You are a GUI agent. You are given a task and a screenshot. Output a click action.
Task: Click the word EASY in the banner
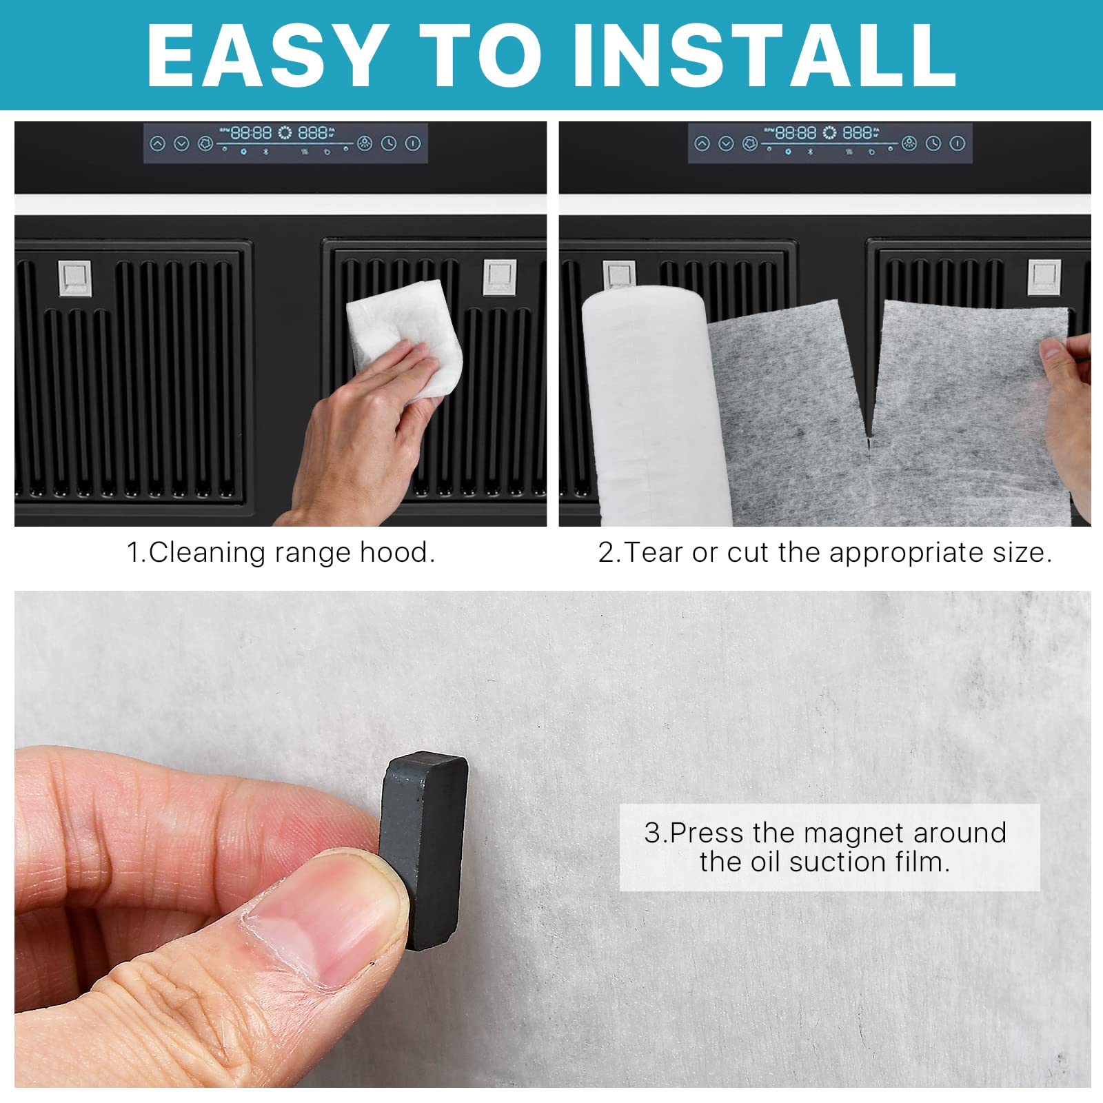266,55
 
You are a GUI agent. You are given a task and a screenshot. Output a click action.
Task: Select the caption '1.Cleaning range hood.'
281,553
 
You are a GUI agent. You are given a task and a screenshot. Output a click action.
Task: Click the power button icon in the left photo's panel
413,143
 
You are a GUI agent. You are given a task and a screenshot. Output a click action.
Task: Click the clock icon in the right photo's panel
933,143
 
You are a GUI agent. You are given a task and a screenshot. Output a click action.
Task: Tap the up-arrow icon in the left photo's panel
158,143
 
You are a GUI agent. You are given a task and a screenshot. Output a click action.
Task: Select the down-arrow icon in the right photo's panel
726,143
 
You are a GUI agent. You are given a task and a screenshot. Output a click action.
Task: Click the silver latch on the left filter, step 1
74,278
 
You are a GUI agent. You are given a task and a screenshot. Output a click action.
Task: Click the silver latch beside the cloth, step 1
499,276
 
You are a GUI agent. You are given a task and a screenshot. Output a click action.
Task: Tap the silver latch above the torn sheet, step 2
1044,276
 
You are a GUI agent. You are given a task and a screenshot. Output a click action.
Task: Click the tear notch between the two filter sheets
869,441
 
